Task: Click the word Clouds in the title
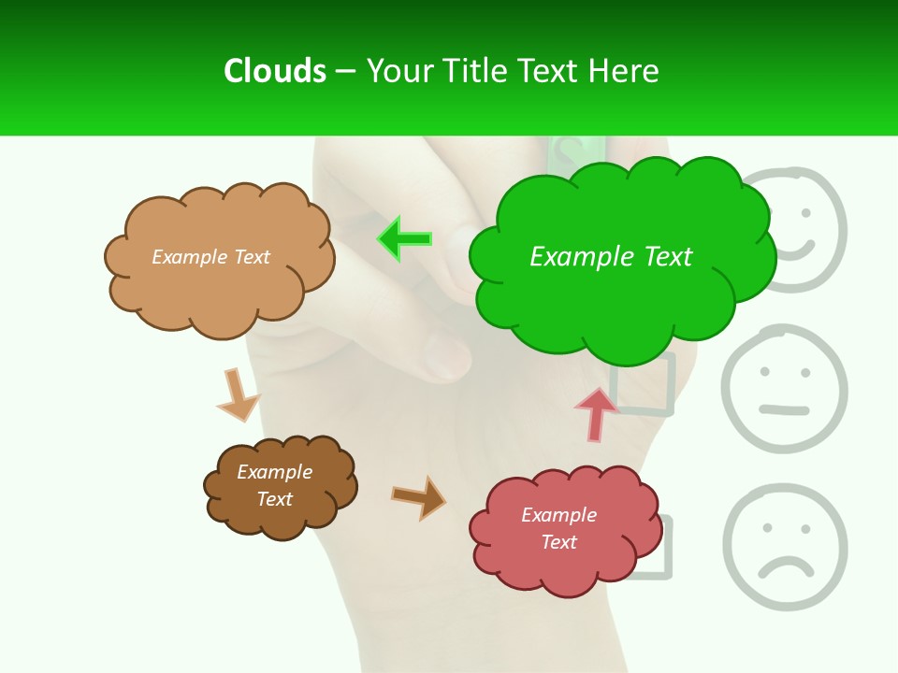pos(274,71)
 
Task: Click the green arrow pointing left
pos(405,239)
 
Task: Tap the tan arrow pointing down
pos(237,394)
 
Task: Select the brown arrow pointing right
pos(419,497)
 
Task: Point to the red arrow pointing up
pos(596,414)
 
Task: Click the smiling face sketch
pos(797,229)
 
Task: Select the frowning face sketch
pos(784,546)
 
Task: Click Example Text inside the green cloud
pos(611,256)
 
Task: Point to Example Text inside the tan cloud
pos(210,257)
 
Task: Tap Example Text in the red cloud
pos(558,528)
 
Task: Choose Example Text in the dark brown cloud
pos(274,485)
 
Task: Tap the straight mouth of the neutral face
pos(784,409)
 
